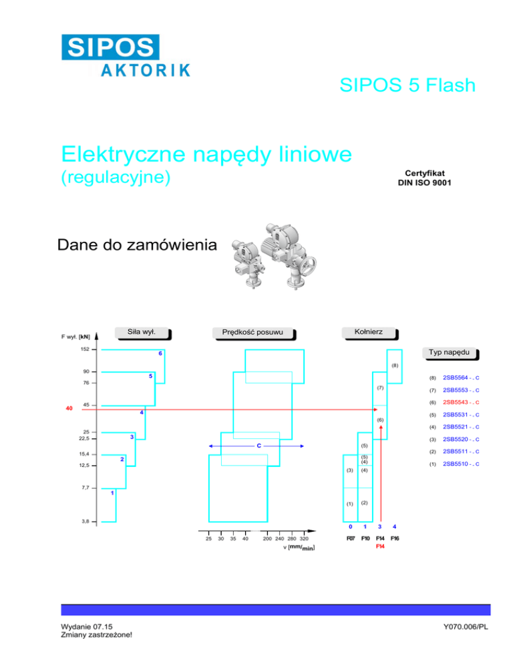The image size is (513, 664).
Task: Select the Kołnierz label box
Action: click(x=368, y=331)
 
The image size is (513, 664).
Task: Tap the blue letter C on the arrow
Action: click(x=258, y=445)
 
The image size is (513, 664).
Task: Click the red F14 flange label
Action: click(x=380, y=546)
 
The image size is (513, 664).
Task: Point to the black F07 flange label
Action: click(x=350, y=538)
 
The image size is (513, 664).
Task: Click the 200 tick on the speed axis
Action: click(x=267, y=538)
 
